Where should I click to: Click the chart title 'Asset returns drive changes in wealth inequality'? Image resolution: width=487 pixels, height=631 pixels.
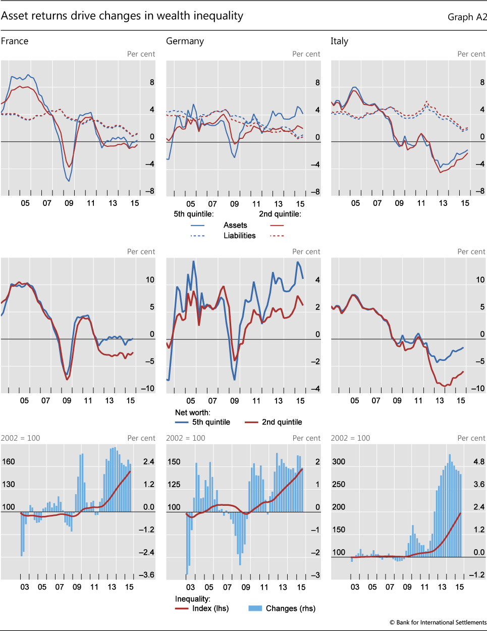click(122, 16)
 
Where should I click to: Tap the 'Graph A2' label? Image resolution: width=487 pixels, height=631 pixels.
click(467, 17)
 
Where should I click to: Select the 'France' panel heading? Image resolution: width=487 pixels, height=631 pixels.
click(15, 41)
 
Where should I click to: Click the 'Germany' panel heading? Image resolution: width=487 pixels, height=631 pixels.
click(185, 41)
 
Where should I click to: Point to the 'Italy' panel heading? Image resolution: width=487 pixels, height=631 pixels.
click(339, 41)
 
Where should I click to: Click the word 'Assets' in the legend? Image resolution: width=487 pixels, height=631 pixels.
click(235, 225)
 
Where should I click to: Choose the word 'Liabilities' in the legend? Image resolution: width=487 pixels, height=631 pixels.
click(239, 236)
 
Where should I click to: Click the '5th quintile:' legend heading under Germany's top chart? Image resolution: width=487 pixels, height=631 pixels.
click(193, 214)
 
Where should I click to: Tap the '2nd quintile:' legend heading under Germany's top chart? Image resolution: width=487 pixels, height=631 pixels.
click(280, 214)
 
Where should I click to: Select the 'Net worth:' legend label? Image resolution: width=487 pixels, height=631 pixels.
click(192, 412)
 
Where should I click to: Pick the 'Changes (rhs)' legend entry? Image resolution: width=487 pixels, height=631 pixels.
click(290, 608)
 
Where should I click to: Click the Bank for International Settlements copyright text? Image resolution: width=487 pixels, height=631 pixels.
click(438, 622)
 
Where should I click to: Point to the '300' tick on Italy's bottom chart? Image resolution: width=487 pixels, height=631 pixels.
click(339, 461)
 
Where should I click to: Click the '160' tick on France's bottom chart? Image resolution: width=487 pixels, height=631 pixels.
click(9, 461)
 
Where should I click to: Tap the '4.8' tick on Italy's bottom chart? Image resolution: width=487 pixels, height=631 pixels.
click(478, 461)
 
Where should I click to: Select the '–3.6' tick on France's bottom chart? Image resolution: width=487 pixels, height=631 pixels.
click(146, 575)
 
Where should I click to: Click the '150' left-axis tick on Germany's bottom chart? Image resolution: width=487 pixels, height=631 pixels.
click(174, 461)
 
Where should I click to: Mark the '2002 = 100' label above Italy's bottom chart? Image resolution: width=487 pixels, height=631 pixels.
click(350, 438)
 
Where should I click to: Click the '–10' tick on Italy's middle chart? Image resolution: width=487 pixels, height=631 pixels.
click(477, 389)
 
